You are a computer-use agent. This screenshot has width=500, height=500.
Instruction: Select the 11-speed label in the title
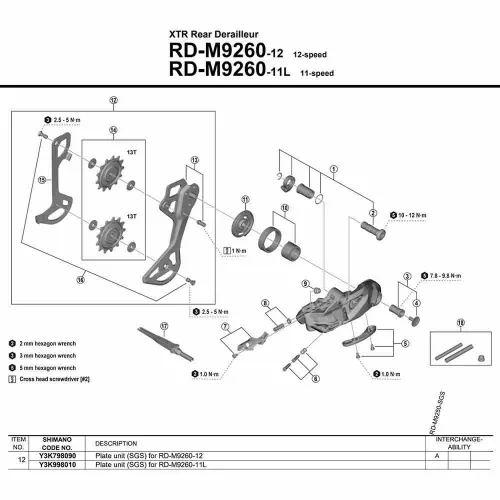point(331,70)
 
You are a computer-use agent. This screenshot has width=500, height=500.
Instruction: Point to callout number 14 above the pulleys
point(113,131)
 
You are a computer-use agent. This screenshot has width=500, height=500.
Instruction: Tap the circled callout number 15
point(42,181)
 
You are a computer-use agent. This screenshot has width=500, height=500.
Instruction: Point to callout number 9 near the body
point(304,285)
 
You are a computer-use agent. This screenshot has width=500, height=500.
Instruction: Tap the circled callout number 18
point(459,322)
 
